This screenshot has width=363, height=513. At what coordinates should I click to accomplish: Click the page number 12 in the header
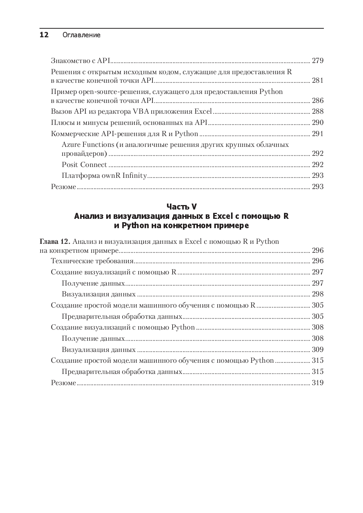44,35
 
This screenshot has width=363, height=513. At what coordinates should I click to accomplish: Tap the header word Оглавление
82,35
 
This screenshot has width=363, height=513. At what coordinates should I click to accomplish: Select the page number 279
318,61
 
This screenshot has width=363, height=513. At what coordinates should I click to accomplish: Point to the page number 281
318,81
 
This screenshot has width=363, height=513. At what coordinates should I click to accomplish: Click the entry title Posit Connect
84,165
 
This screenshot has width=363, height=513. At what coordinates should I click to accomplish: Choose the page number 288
318,111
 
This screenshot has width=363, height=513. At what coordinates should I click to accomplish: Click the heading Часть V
181,207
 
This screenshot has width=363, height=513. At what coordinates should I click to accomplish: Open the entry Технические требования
92,261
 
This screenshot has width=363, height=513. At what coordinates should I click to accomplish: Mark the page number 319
318,383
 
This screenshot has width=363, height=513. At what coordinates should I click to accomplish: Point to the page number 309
318,350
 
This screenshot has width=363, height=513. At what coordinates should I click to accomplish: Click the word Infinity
135,176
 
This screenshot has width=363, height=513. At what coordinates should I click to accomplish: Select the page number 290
318,123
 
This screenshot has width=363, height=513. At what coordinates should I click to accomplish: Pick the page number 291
318,134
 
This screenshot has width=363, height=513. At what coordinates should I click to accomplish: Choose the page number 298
318,294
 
